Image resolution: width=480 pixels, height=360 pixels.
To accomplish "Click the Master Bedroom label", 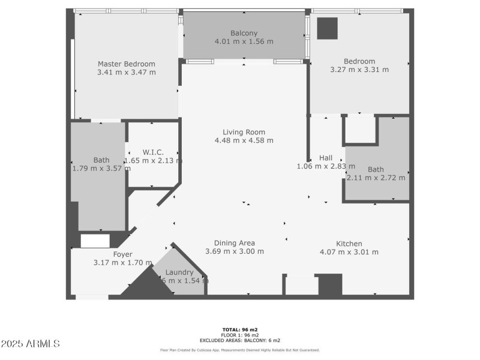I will pos(126,64).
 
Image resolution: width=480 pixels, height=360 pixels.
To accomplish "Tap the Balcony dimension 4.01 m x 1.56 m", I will pos(244,41).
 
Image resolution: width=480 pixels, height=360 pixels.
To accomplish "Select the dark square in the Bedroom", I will pos(328,28).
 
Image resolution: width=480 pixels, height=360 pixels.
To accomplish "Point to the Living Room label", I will pos(244,132).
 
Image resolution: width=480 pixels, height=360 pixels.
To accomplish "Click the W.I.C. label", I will pos(153,152).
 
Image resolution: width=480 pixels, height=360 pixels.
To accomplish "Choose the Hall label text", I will pos(326,158).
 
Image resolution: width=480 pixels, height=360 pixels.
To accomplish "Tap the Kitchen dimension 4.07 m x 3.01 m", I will pos(349,252).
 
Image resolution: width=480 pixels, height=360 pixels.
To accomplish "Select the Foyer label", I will pos(122,254).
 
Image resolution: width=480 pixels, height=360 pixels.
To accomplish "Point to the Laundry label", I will pos(179,272).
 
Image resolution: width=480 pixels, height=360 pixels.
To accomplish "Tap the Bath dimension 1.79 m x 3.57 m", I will pos(101,169).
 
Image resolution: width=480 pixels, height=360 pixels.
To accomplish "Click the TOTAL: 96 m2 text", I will pos(239,329).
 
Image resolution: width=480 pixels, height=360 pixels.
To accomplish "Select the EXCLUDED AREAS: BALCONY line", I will pos(239,340).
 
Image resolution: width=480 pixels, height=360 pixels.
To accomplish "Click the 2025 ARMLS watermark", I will pos(31,344).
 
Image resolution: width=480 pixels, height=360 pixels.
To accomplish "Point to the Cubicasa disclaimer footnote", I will pos(239,350).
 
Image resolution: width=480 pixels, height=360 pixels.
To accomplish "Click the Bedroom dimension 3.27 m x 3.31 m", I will pos(359,70).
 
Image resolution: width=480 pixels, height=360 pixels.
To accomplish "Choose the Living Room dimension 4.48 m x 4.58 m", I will pos(244,140).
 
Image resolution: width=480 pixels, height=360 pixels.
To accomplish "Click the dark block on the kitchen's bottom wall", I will pos(329,284).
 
